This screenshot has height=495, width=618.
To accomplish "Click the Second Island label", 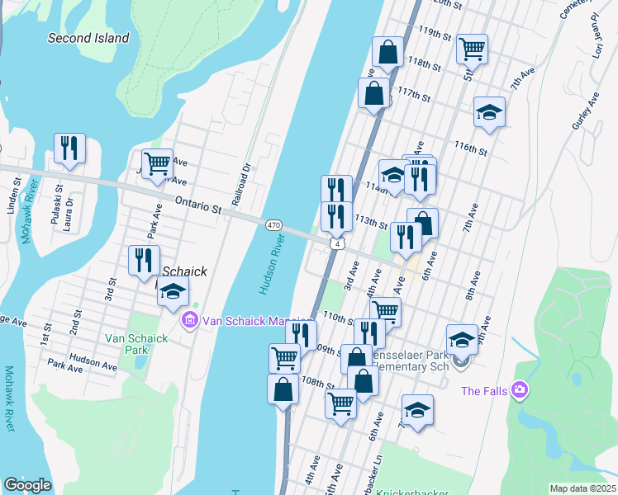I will click(88, 38).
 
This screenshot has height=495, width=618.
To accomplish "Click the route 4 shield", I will click(335, 244).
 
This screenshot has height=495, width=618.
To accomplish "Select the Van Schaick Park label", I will click(135, 344).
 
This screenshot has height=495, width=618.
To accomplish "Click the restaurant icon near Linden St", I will click(68, 148).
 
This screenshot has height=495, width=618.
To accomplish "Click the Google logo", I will click(27, 485).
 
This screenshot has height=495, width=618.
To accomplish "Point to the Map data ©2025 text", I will click(582, 488).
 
